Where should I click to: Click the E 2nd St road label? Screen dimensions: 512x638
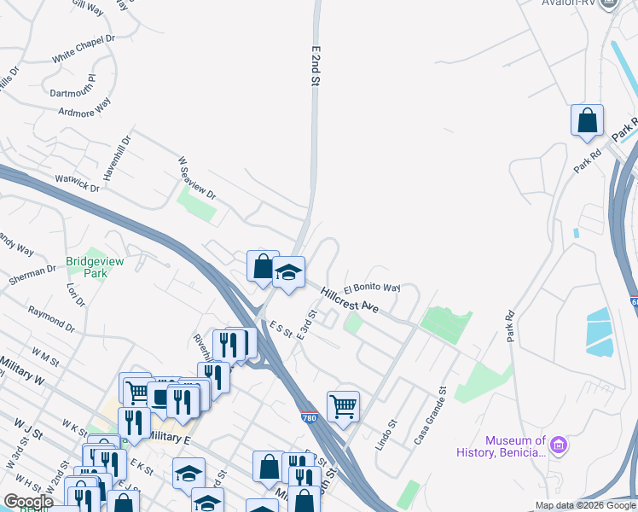point(315,65)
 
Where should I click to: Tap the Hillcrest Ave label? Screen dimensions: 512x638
point(350,300)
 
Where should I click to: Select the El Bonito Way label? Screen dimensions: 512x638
point(372,288)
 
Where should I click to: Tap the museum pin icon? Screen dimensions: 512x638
point(559,445)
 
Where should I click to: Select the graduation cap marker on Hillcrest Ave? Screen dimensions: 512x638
point(288,272)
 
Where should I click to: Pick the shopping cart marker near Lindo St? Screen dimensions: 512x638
point(343,406)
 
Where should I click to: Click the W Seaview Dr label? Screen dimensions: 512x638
point(196,177)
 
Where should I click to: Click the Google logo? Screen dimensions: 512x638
point(28,502)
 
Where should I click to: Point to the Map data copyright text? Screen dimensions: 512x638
point(584,505)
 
